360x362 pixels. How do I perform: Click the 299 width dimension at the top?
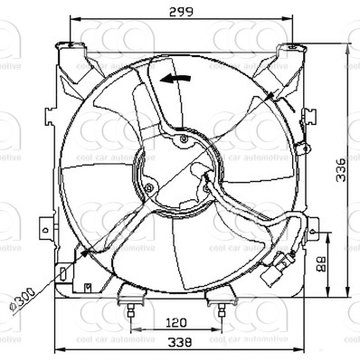click(x=177, y=11)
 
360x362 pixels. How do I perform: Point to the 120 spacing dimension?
click(x=177, y=322)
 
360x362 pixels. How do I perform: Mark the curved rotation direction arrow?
click(x=175, y=81)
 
